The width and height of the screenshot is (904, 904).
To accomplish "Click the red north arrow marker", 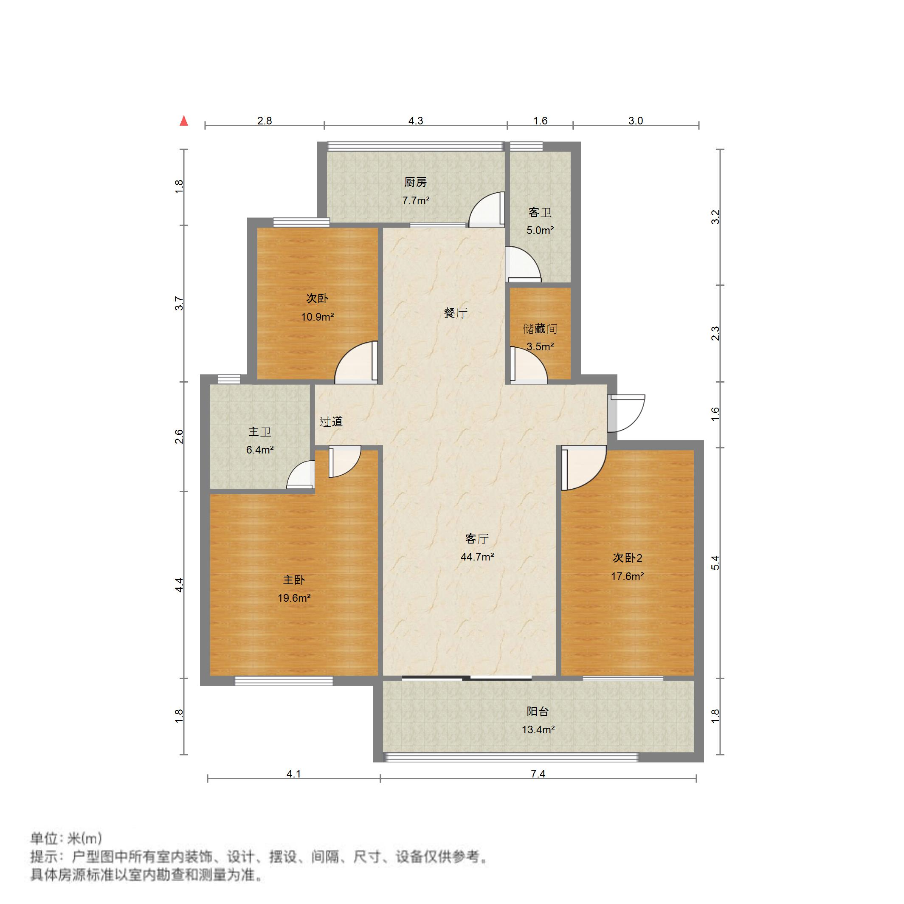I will pos(184,121).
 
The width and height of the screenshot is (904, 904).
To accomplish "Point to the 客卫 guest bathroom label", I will pos(540,212).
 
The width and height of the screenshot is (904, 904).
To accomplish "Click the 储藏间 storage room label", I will pos(540,329).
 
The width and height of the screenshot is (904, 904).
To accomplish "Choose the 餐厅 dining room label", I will pos(455,313).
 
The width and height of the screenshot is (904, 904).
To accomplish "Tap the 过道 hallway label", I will pos(331,422).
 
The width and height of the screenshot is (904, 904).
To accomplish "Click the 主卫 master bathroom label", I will pos(260,432).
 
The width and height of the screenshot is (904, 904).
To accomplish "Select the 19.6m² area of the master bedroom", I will pos(294,598).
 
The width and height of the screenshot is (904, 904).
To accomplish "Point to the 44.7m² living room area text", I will pos(477,557).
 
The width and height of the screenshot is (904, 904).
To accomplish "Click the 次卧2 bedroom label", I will pos(628,558).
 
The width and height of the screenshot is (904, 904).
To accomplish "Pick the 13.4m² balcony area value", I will pos(538,729).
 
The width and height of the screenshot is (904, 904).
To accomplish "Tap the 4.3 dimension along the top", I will pos(416,121).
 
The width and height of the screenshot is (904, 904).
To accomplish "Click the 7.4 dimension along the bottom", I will pos(538,774).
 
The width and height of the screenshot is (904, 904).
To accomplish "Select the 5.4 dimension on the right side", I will pos(715,563).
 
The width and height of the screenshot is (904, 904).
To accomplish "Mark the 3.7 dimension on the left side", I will pos(179,303).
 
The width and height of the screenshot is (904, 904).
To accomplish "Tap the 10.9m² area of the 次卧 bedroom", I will pos(317,317).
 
